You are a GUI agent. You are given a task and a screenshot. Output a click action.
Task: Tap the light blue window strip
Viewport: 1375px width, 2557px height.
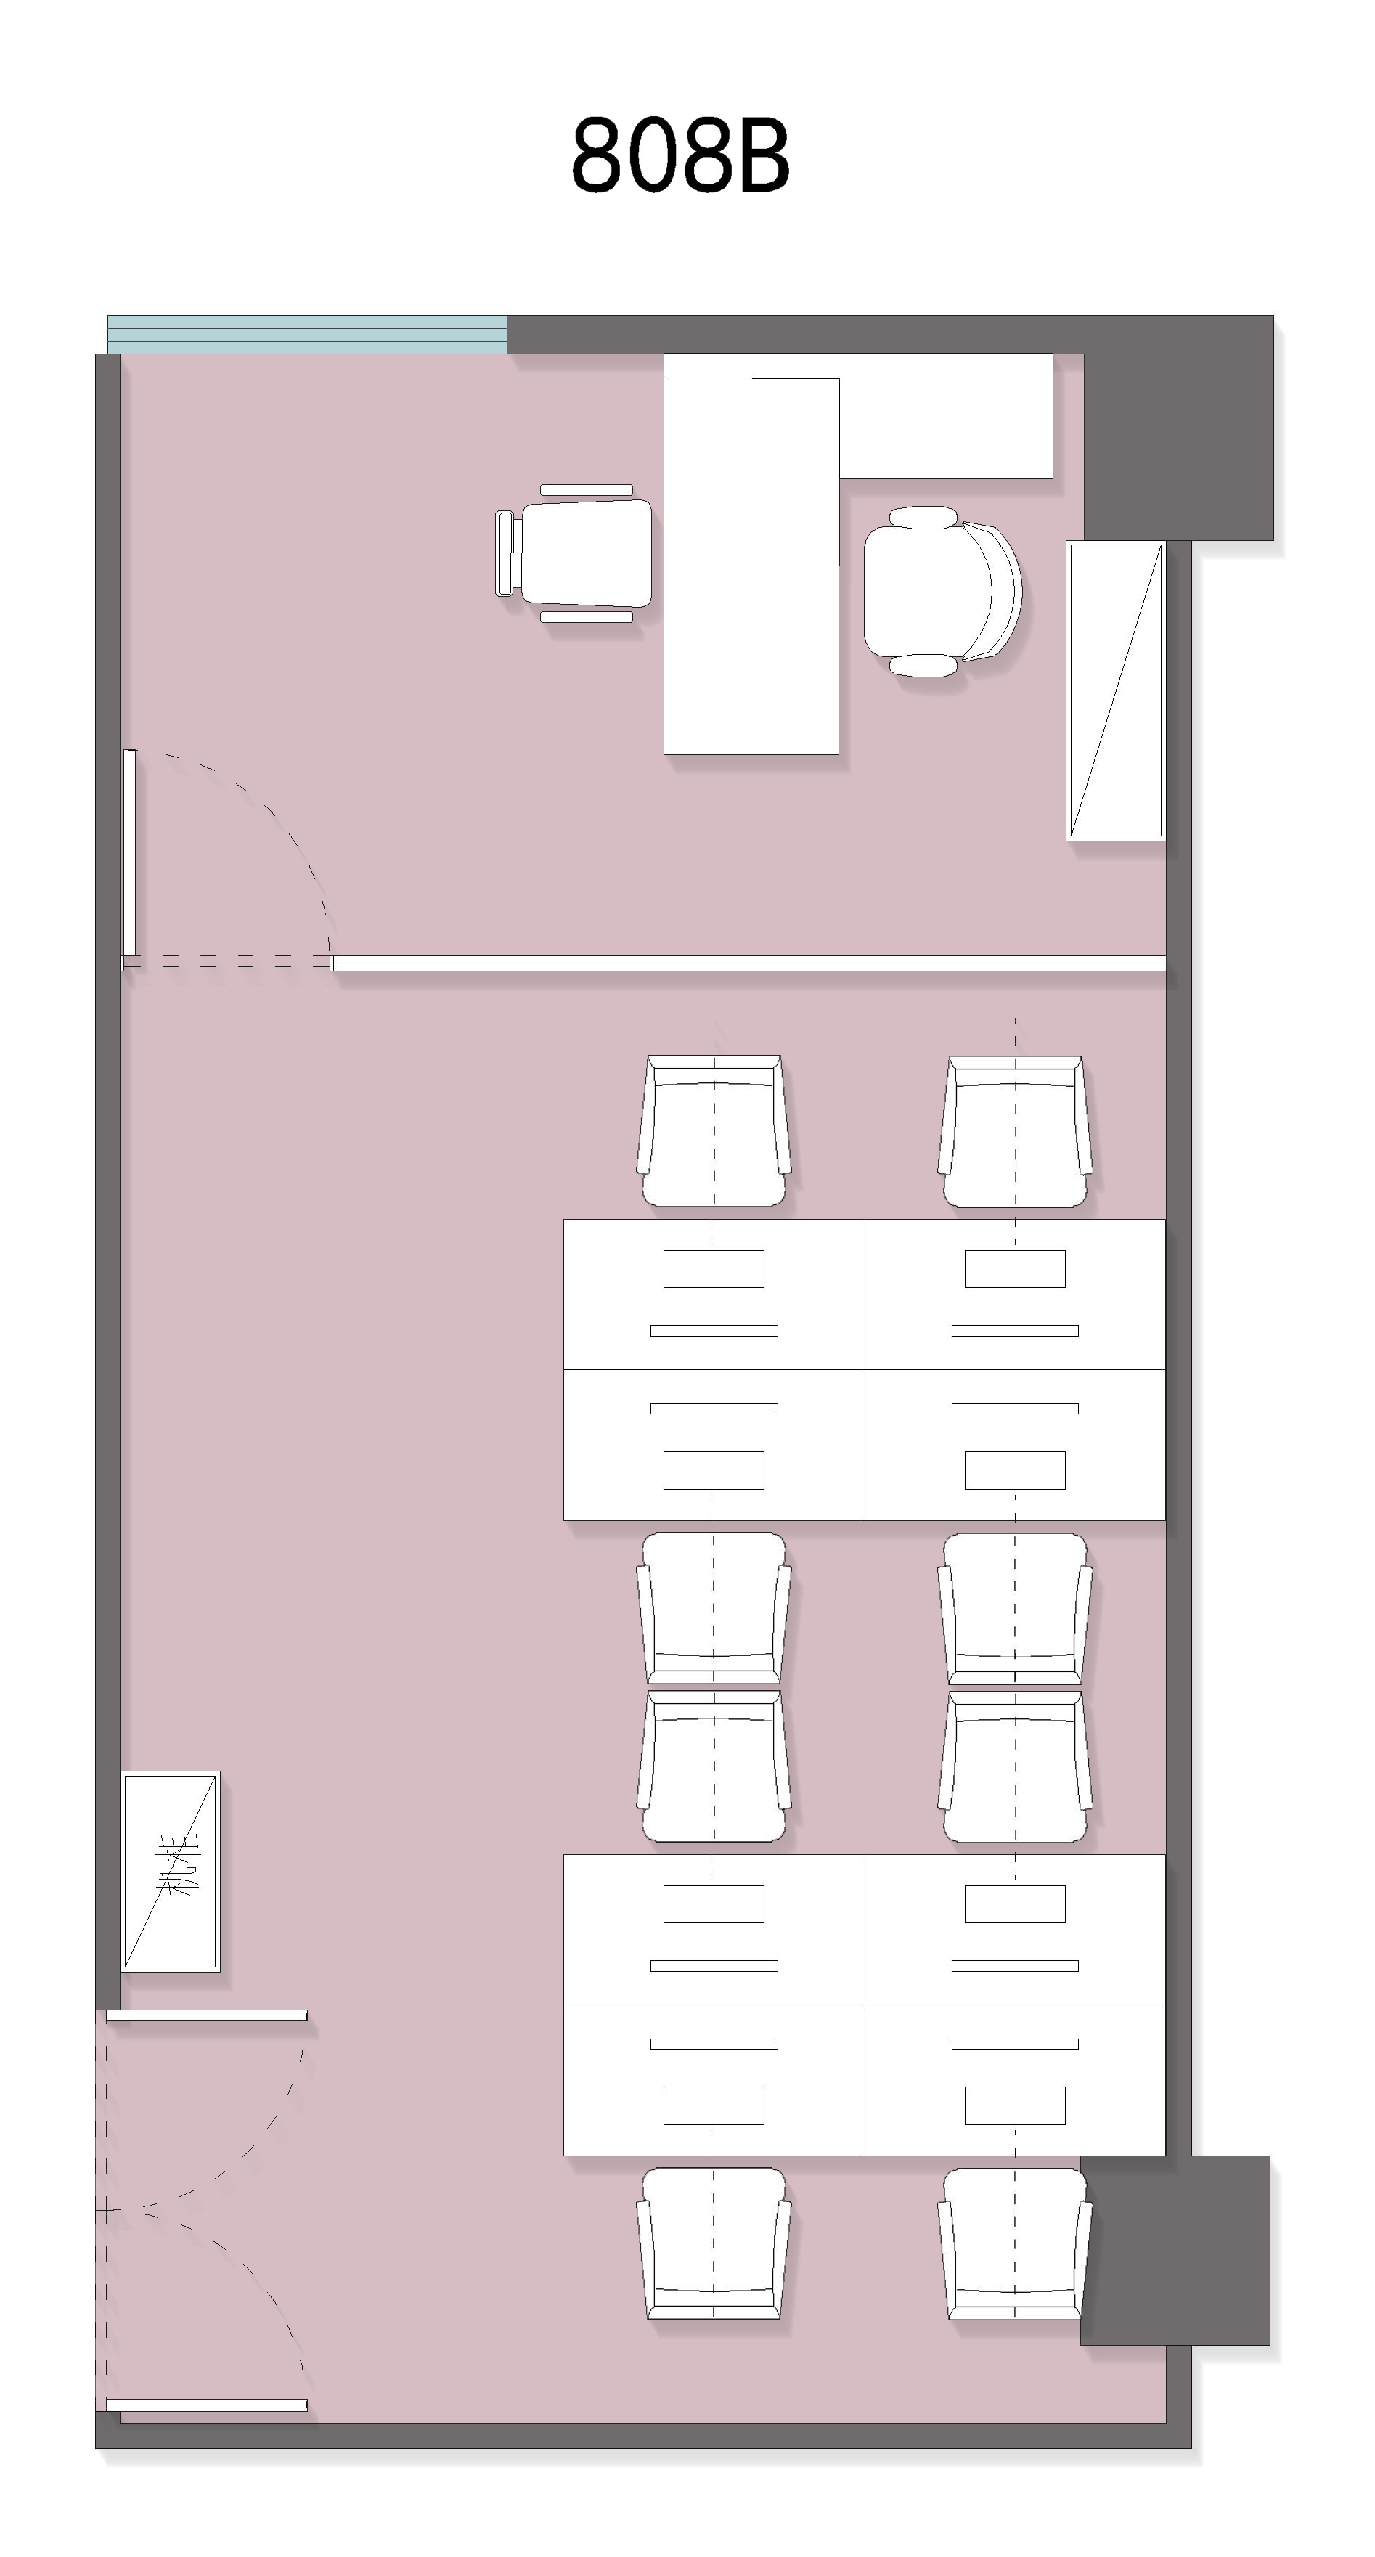[307, 335]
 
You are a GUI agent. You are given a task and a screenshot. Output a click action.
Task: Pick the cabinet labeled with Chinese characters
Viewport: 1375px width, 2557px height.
[170, 1871]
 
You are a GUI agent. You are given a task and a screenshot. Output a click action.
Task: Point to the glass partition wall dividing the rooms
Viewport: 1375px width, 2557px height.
[748, 963]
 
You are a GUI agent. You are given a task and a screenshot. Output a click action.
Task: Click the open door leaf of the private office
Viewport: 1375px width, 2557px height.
[129, 854]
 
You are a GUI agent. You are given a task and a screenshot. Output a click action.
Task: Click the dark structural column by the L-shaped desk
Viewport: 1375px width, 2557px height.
[1178, 428]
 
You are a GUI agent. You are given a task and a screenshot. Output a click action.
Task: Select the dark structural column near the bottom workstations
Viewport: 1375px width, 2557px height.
[1175, 2251]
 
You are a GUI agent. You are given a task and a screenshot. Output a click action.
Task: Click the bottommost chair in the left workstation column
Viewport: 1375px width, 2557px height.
[714, 2243]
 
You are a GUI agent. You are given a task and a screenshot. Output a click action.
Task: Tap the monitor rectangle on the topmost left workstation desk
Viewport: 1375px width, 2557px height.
[714, 1268]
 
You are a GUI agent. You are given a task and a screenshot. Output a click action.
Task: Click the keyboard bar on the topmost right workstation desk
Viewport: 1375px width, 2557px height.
[1015, 1330]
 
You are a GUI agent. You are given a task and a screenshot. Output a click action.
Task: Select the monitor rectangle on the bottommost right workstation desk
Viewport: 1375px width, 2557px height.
[1015, 2105]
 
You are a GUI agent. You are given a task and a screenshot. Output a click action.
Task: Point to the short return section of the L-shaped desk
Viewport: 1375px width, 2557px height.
[946, 417]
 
